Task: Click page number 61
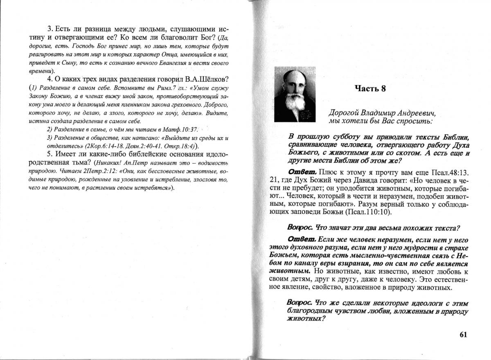[463, 334]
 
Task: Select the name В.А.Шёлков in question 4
[205, 79]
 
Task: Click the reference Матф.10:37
[183, 129]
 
